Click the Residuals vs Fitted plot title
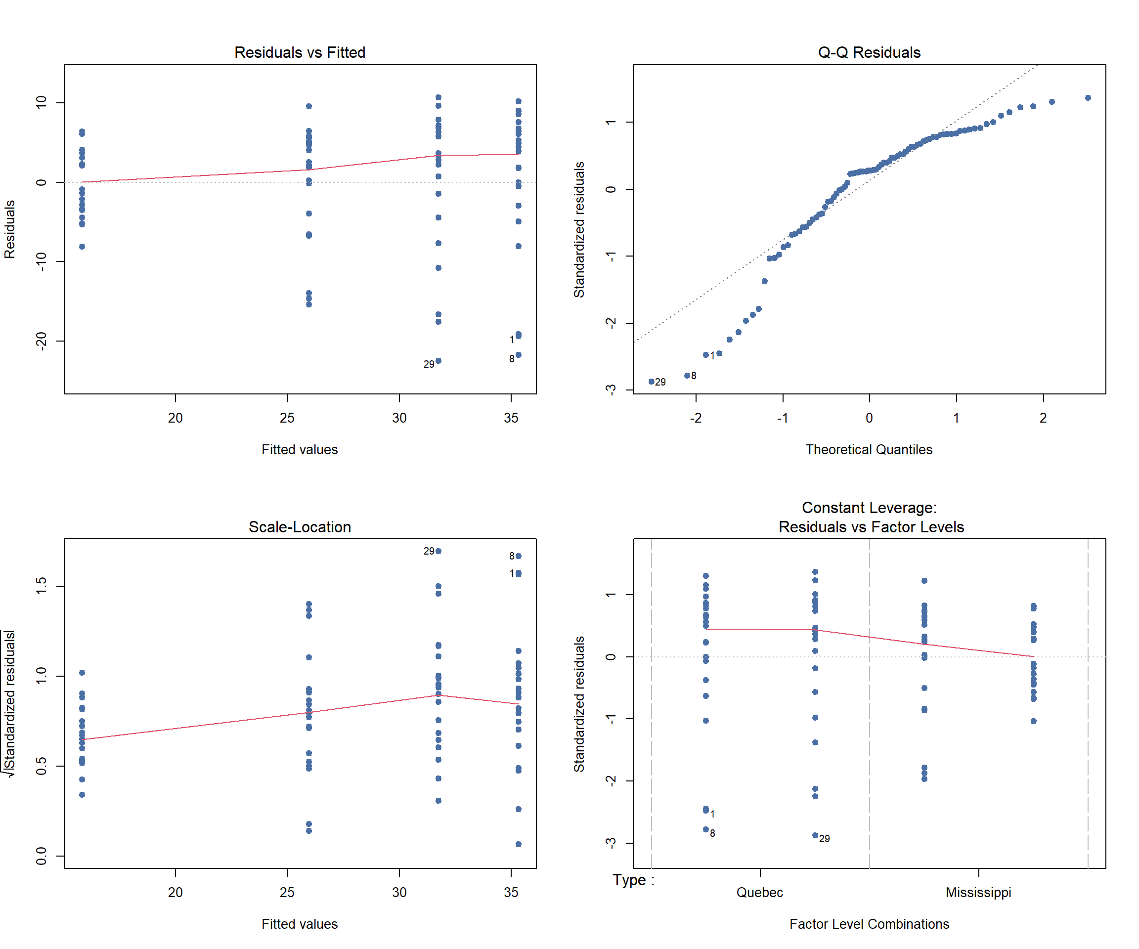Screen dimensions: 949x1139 tap(300, 52)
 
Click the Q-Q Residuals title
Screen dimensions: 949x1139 tap(869, 52)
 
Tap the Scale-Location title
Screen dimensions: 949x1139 tap(300, 526)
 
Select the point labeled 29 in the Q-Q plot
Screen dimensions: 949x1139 tap(652, 382)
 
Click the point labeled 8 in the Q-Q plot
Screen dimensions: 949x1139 tap(687, 375)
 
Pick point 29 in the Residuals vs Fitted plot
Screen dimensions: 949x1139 tap(438, 361)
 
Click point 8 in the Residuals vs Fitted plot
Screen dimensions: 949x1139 tap(519, 355)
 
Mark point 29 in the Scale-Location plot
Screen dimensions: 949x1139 tap(438, 551)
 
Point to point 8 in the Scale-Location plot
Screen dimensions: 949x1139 tap(519, 556)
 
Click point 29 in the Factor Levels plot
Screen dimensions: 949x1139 tap(815, 835)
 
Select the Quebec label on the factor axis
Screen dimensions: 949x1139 tap(759, 892)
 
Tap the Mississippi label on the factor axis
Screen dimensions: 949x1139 tap(978, 892)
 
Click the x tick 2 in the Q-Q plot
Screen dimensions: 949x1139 tap(1043, 418)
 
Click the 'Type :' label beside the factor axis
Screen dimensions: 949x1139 tap(633, 880)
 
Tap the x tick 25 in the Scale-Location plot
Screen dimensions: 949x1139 tap(287, 892)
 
